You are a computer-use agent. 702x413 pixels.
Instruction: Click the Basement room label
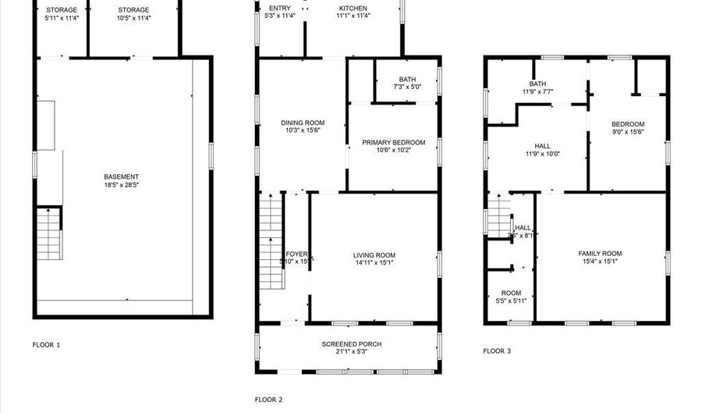point(121,176)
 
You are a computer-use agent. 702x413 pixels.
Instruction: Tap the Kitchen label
point(353,8)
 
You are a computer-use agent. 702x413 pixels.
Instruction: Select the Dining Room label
point(303,123)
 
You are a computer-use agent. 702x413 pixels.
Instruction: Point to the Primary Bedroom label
point(393,142)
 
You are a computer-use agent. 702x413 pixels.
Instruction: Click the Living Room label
point(374,255)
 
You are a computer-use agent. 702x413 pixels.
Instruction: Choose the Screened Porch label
point(352,344)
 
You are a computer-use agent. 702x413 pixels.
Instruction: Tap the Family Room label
point(600,253)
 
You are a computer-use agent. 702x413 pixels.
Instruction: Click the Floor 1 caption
point(46,344)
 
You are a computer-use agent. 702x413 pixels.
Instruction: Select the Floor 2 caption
point(268,400)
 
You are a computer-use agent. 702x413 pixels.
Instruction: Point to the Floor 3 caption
point(497,351)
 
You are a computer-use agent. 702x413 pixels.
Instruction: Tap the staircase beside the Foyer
point(270,242)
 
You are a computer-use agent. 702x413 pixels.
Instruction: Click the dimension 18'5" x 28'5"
point(121,185)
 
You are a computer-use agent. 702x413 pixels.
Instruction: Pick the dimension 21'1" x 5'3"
point(352,353)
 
